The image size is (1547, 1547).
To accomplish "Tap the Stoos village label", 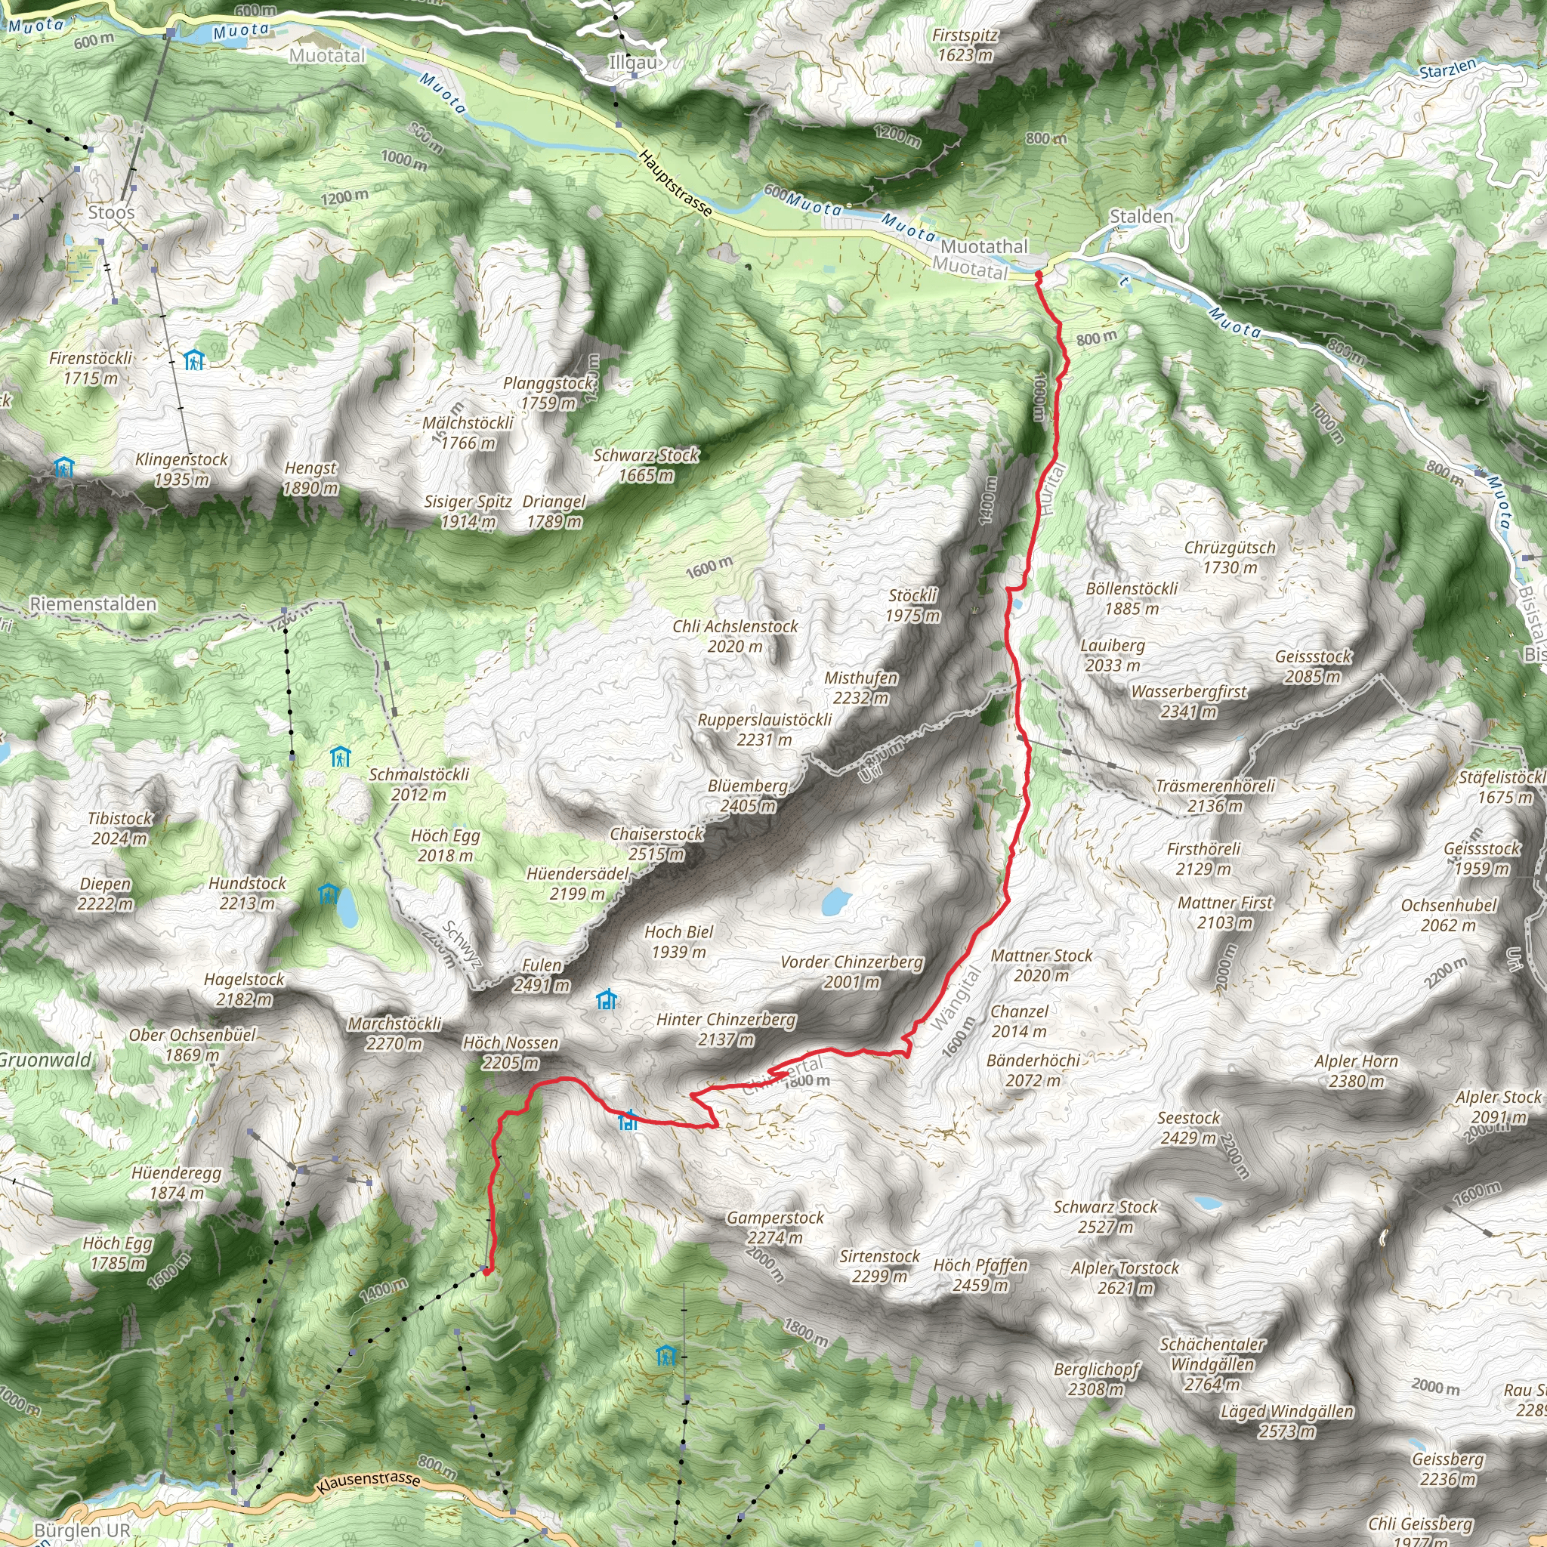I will tap(111, 212).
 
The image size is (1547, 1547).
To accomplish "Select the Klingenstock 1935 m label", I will tap(182, 469).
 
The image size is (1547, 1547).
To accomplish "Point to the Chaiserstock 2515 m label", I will tap(656, 844).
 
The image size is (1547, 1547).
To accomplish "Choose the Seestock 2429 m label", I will tap(1188, 1128).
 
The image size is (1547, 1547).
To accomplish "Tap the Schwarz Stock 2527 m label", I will tap(1105, 1216).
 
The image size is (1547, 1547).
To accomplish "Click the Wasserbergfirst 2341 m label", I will tap(1189, 702).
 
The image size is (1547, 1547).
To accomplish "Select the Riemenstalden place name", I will tap(93, 604).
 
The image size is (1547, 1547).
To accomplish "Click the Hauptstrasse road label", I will tap(675, 183).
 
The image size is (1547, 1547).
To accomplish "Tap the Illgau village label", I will tap(632, 63).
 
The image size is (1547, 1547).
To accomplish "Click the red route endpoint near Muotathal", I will tap(1038, 276).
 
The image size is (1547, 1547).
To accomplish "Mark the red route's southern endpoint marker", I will tap(485, 1271).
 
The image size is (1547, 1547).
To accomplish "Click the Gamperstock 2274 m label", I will tap(775, 1227).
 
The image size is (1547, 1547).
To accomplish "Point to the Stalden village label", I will tap(1141, 216).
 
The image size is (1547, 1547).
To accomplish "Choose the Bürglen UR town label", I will tap(82, 1530).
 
